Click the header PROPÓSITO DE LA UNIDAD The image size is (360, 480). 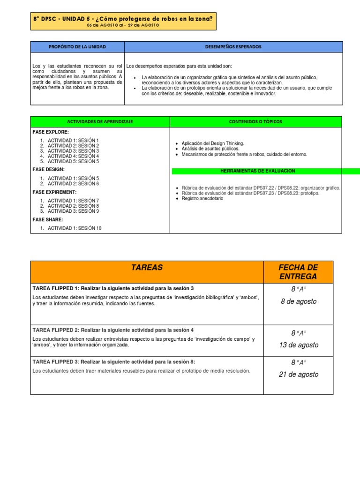coord(77,47)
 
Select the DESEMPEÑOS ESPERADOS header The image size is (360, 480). coord(233,47)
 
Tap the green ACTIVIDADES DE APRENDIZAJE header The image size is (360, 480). coord(100,121)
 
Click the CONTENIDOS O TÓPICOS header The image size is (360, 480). coord(255,121)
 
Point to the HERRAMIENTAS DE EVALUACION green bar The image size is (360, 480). coord(258,171)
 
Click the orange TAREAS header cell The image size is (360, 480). coord(147,268)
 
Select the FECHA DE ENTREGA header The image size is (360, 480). coord(299,272)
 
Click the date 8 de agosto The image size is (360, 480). coord(299,301)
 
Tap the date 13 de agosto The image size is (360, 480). coord(299,345)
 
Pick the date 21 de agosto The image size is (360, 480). coord(299,374)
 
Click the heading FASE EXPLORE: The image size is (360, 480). coord(51,132)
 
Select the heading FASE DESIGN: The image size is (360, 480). coord(49,169)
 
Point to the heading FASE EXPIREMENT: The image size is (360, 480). coord(54,192)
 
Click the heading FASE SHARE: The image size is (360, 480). coord(48,219)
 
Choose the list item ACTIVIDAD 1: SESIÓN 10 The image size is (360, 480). coord(74,228)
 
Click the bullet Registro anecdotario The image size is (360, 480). coord(202,199)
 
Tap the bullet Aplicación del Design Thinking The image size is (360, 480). coord(212,143)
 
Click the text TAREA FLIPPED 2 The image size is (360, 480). coord(55,330)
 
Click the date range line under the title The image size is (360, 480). coord(123,25)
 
